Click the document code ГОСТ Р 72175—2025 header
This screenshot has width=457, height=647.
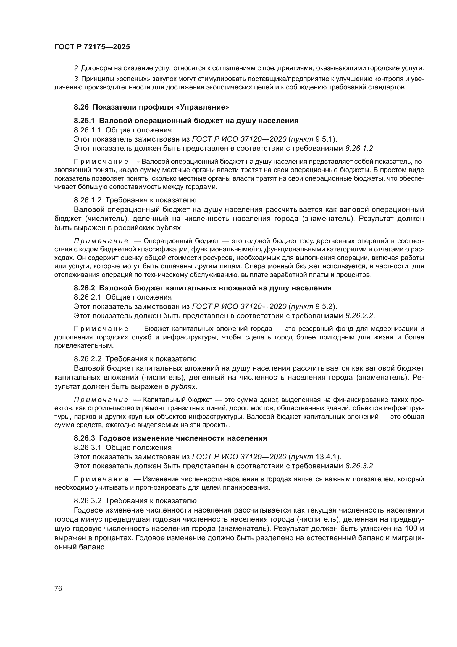(92, 47)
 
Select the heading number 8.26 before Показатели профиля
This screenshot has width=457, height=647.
(81, 107)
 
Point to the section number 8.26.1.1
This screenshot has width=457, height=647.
(87, 130)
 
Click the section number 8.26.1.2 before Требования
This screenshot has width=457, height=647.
(87, 200)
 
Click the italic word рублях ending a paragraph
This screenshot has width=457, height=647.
(183, 387)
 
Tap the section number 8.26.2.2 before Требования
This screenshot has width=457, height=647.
(87, 359)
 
